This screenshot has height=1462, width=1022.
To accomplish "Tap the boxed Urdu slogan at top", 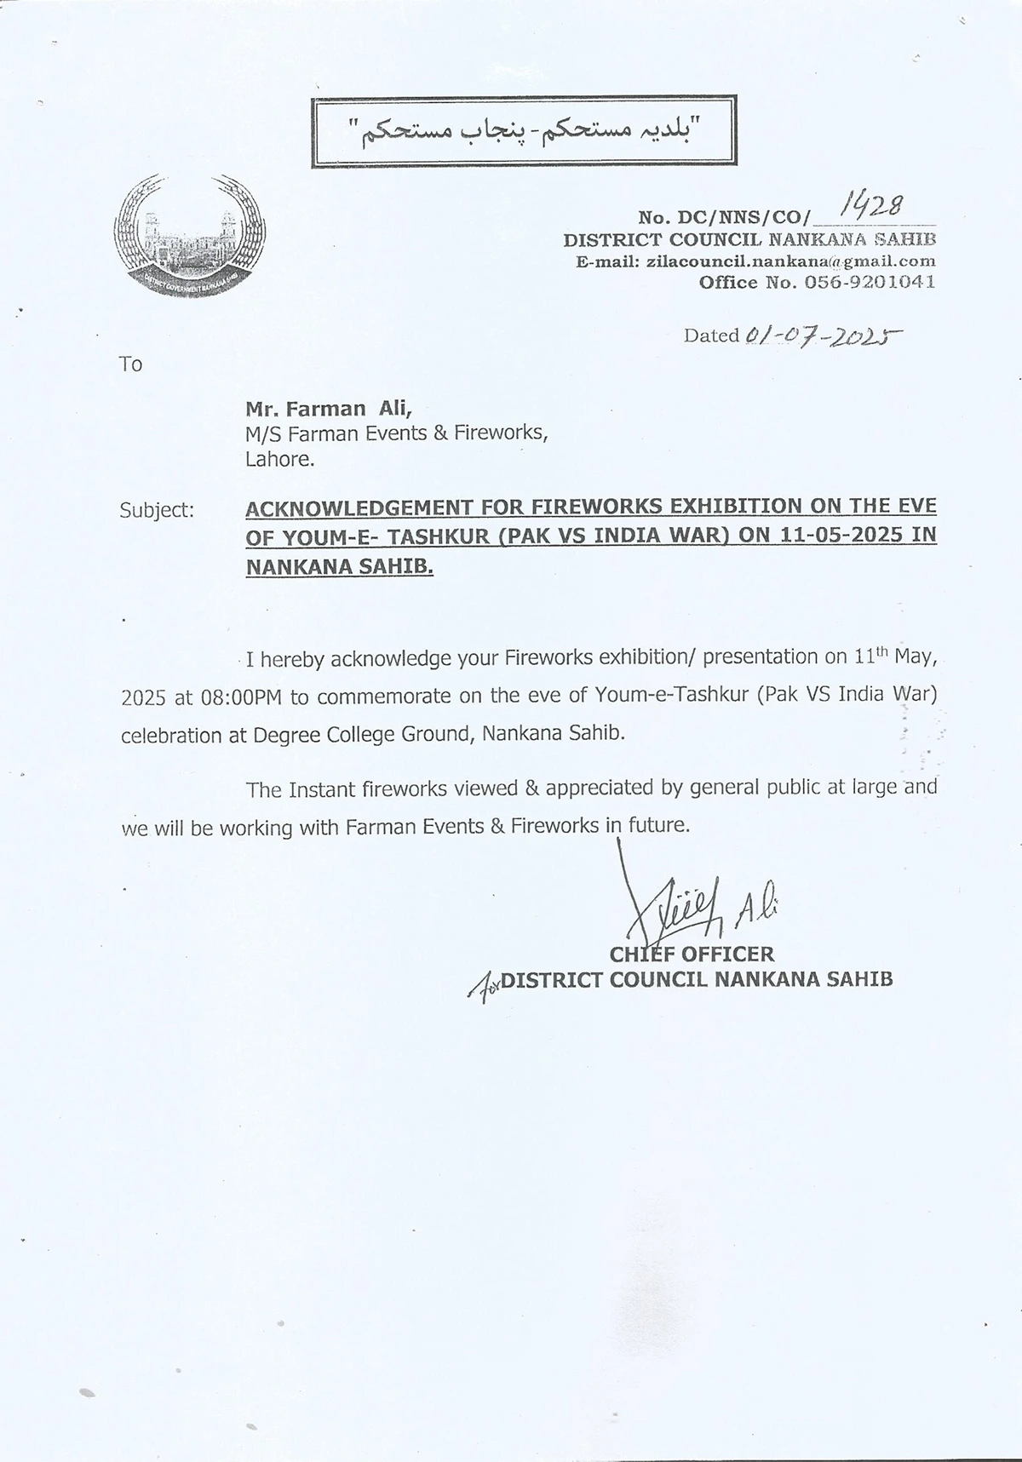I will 524,132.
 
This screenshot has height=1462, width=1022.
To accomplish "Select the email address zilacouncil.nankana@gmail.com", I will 789,261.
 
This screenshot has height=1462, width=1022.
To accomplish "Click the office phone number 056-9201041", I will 865,282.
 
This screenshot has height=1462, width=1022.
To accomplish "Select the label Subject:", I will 157,510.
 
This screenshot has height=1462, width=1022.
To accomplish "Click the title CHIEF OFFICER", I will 692,955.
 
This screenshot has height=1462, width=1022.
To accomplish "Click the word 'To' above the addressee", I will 130,364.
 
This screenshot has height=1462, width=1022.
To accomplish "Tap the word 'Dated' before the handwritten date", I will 711,335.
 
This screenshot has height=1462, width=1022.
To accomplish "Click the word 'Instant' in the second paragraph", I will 322,788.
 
